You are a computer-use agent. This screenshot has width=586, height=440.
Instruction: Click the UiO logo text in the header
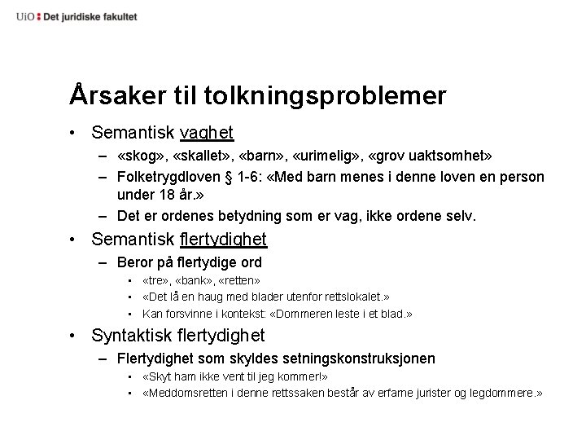25,16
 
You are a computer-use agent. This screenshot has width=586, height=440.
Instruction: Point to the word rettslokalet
348,297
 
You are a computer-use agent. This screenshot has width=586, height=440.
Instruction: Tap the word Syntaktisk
133,335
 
